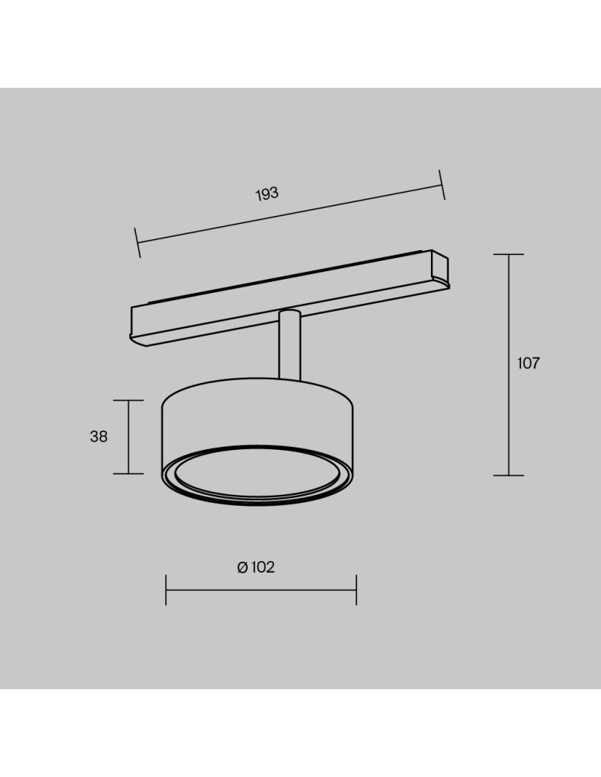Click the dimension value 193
[x=267, y=194]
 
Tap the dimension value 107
[x=528, y=363]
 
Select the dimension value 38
[x=99, y=437]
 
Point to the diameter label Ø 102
[x=256, y=567]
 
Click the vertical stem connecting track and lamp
[x=290, y=350]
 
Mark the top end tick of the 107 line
[x=509, y=254]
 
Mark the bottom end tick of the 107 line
[x=509, y=476]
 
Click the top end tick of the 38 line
[x=128, y=400]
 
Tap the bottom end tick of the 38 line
[x=128, y=473]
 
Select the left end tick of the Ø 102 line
[x=166, y=590]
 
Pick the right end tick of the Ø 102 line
[x=356, y=590]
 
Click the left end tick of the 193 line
[x=137, y=242]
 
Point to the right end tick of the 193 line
[x=442, y=185]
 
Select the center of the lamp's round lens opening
[x=256, y=474]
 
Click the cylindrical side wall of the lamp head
[x=256, y=420]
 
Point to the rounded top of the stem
[x=290, y=313]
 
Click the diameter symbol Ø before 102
[x=242, y=567]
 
